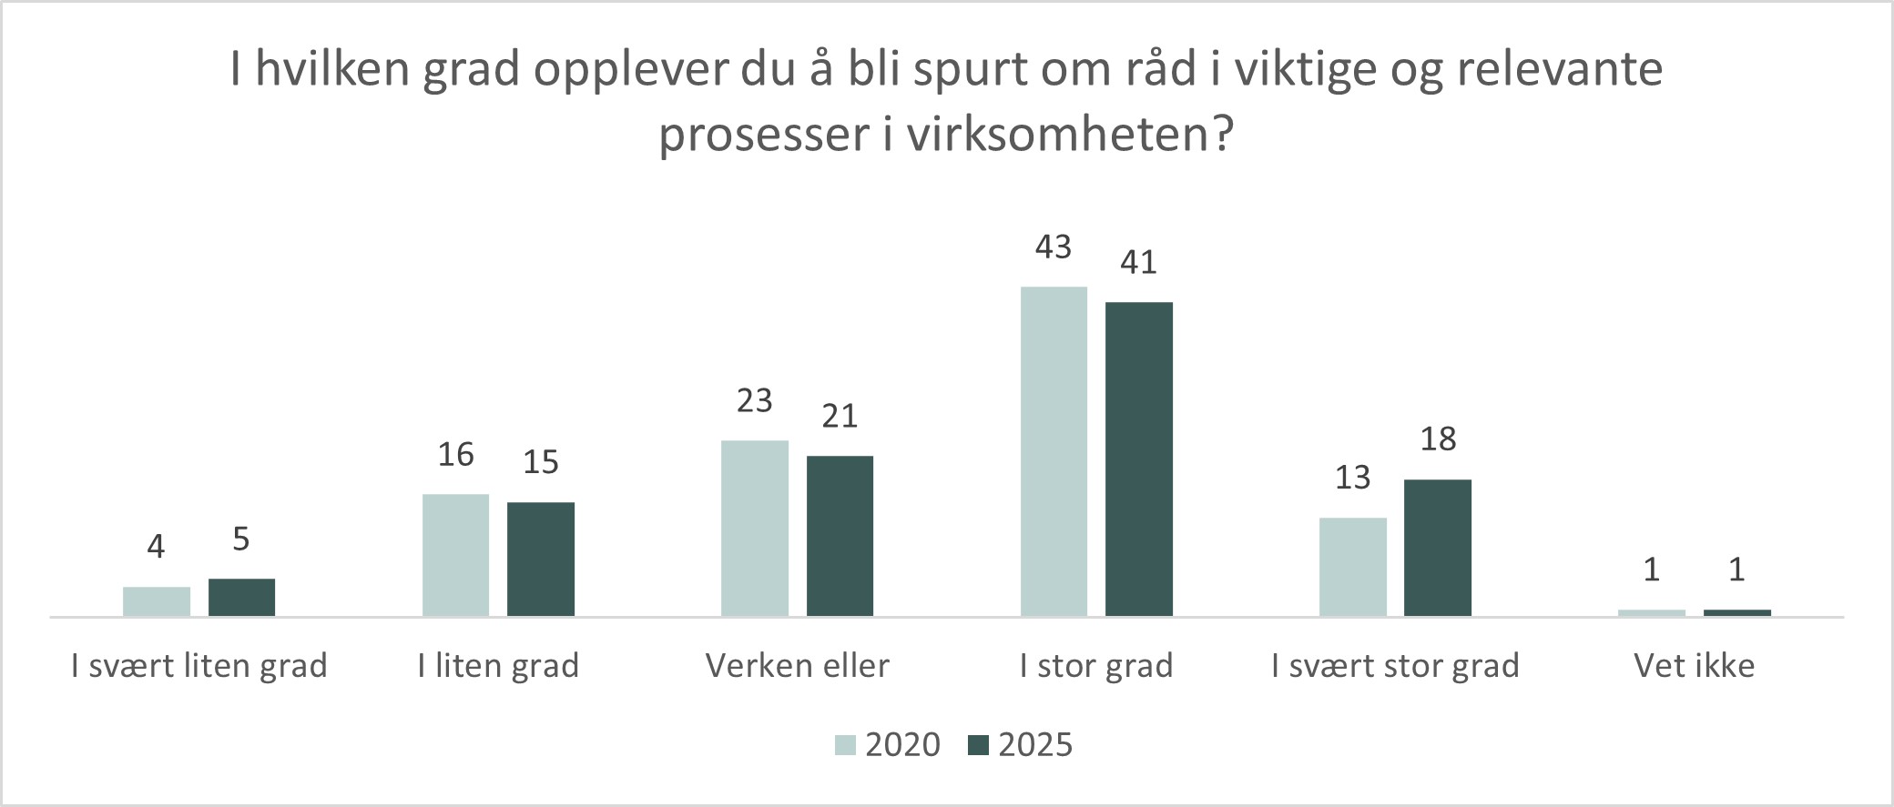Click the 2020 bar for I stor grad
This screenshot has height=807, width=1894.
(x=1054, y=451)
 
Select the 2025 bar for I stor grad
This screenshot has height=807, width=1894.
(x=1138, y=459)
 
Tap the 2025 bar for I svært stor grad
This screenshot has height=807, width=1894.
(x=1437, y=548)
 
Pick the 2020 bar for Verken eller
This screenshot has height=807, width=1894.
(x=754, y=528)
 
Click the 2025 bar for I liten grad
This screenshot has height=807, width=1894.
(x=540, y=559)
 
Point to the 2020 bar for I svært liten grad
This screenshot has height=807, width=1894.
(x=156, y=601)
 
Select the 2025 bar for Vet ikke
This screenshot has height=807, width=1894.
(x=1736, y=612)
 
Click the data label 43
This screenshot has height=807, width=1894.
(x=1054, y=247)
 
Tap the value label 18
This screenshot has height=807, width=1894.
(x=1438, y=439)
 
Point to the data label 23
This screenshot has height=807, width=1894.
(x=754, y=401)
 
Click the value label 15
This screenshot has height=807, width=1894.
(x=540, y=462)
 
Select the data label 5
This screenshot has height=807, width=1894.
(x=240, y=540)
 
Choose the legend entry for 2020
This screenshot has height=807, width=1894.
(x=888, y=744)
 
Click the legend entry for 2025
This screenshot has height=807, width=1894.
(x=1020, y=744)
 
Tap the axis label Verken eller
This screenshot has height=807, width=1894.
(x=797, y=666)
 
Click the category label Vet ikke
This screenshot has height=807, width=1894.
(x=1694, y=666)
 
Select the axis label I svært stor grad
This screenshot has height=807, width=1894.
(x=1395, y=666)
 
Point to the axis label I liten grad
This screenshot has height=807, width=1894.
(x=498, y=666)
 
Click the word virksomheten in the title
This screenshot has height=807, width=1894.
(x=1056, y=135)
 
